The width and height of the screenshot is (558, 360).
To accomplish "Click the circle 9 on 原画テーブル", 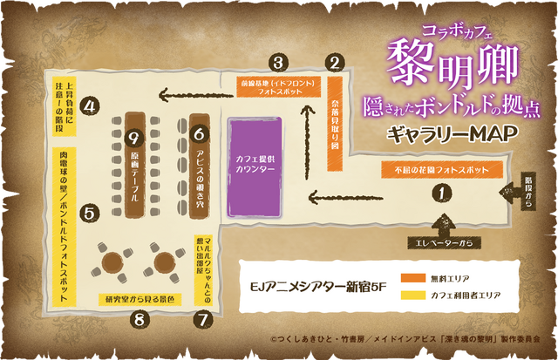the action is coord(133,137).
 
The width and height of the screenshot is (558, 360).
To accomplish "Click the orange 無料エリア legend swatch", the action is coord(412,277).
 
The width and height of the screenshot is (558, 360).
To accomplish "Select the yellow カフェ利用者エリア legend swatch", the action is coord(412,295).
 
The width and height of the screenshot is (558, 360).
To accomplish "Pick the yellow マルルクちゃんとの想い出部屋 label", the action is coord(203,268).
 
